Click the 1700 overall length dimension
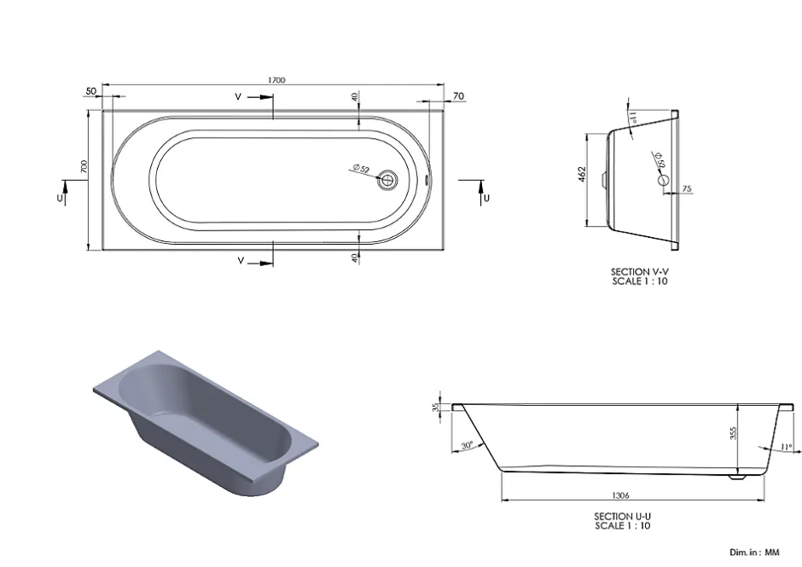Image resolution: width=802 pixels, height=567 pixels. (276, 80)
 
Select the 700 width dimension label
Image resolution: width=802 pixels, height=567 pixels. (84, 166)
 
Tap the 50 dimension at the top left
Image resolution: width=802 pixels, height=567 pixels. (91, 91)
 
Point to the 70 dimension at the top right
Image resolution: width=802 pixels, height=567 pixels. (458, 96)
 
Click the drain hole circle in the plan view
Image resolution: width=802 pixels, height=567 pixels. (388, 180)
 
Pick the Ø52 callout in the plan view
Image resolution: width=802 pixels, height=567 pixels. (361, 169)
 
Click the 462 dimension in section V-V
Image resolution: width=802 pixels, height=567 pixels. (582, 175)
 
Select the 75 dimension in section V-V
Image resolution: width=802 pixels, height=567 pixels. (687, 188)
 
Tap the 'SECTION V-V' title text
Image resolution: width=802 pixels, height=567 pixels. (640, 272)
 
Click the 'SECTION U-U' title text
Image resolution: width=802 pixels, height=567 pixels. (623, 517)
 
